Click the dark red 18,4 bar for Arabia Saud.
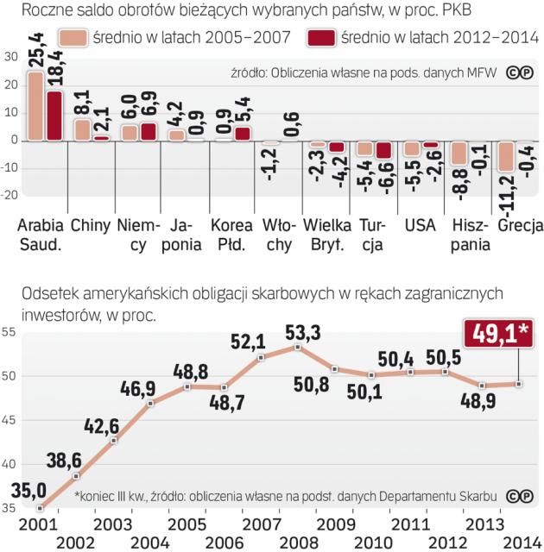pos(54,116)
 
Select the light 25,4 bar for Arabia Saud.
pos(35,105)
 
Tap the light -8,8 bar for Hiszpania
pos(459,153)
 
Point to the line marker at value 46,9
pos(151,404)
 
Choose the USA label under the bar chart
pos(420,227)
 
